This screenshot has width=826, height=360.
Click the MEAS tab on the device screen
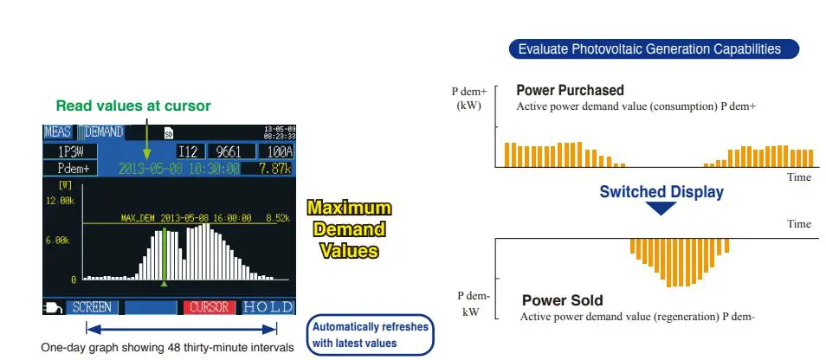(57, 132)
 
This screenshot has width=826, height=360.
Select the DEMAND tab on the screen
(101, 132)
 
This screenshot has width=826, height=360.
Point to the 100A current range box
(275, 152)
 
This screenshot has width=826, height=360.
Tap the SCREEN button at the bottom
(91, 307)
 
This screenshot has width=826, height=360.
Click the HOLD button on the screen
(268, 307)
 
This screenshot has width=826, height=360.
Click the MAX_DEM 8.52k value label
(277, 218)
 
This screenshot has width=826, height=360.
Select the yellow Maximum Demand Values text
(349, 229)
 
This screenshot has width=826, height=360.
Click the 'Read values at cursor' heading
(133, 106)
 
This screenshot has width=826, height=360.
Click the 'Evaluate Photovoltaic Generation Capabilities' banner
(654, 49)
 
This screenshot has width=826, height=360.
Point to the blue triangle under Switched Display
(661, 209)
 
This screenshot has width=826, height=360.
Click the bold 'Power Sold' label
(562, 301)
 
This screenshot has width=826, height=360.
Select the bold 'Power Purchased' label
(570, 90)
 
